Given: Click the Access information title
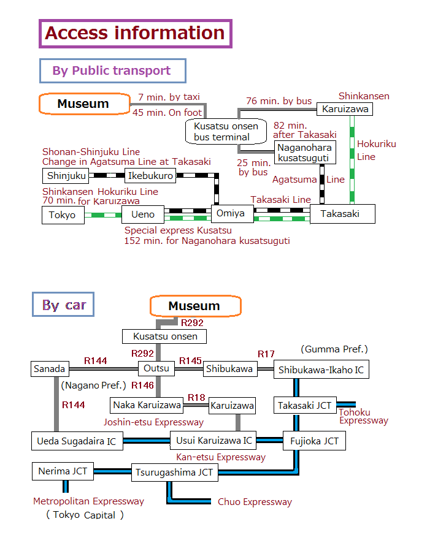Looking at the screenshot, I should (135, 33).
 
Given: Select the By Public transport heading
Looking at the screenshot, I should (112, 70).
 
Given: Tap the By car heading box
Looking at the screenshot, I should (63, 305).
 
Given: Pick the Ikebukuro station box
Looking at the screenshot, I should (150, 176).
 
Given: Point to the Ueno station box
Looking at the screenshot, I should (143, 215).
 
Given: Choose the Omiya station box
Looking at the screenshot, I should (231, 213).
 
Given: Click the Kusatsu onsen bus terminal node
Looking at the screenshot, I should (226, 132).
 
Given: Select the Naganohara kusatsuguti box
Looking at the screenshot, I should (304, 153).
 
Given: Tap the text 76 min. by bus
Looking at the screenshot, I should (279, 101).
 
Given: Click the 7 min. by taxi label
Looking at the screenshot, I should (169, 97).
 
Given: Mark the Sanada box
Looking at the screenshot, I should (49, 369).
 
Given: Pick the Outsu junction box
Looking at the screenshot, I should (157, 368).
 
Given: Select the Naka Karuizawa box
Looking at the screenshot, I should (147, 405).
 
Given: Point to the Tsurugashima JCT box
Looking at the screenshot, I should (175, 472).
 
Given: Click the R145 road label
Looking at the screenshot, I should (190, 360).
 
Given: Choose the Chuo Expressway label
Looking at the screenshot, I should (255, 502).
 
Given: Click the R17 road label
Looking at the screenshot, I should (266, 354).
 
